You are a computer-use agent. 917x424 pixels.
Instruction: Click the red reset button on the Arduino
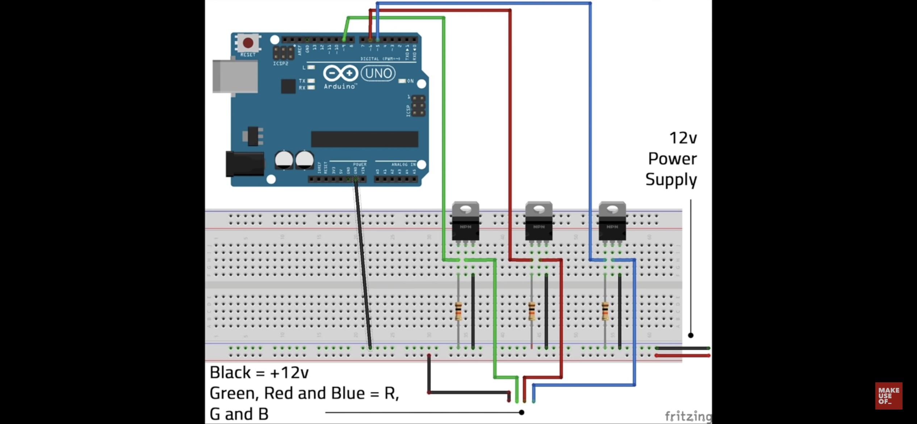tap(248, 43)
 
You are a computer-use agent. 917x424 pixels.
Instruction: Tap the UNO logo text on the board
tap(378, 73)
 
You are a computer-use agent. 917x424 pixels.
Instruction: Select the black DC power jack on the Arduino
tap(245, 164)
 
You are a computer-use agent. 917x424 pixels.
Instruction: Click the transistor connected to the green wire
tap(465, 222)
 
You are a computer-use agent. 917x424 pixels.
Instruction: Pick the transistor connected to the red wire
tap(539, 222)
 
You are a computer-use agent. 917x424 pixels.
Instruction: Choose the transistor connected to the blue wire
tap(612, 222)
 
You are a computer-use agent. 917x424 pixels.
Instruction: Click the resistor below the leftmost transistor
tap(458, 311)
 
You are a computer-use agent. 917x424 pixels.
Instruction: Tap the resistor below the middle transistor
tap(532, 311)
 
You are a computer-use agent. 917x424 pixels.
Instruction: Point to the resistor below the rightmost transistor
tap(605, 311)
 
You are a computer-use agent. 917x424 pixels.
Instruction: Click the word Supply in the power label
tap(671, 180)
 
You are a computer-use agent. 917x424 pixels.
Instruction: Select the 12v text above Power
tap(683, 138)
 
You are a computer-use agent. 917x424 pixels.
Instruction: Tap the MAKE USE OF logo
tap(889, 396)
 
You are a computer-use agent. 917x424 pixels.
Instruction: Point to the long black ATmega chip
tap(365, 139)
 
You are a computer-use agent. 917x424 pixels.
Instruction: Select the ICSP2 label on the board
tap(281, 63)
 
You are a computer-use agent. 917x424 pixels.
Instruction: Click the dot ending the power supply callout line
tap(691, 335)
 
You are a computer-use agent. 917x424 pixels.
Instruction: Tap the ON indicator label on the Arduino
tap(410, 81)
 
